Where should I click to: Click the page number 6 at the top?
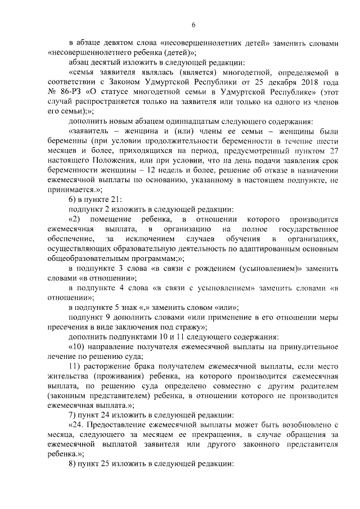pos(193,25)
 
